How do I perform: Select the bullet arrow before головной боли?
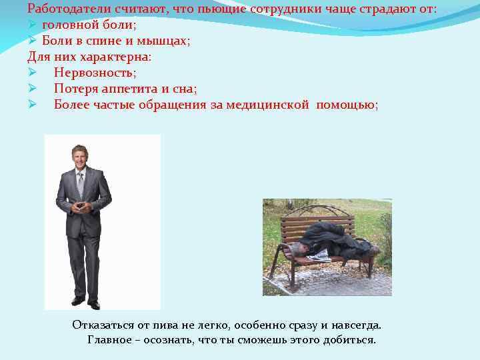tap(32, 25)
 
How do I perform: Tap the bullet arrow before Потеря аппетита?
tap(32, 88)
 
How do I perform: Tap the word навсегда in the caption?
tap(357, 325)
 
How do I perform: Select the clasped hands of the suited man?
tap(82, 207)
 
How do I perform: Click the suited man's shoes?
tap(86, 303)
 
